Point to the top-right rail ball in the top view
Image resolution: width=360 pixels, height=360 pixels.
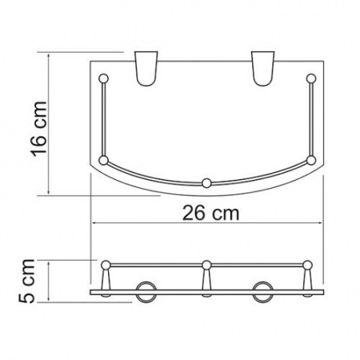point(312,78)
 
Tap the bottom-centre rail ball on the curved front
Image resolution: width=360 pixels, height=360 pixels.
point(207,183)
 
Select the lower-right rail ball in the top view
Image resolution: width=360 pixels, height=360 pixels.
point(311,160)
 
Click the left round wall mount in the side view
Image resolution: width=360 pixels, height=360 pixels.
point(144,291)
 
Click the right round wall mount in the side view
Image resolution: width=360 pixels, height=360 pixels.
point(263,291)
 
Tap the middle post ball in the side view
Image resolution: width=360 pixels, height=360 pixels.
point(206,265)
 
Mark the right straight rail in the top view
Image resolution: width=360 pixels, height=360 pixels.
point(312,120)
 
